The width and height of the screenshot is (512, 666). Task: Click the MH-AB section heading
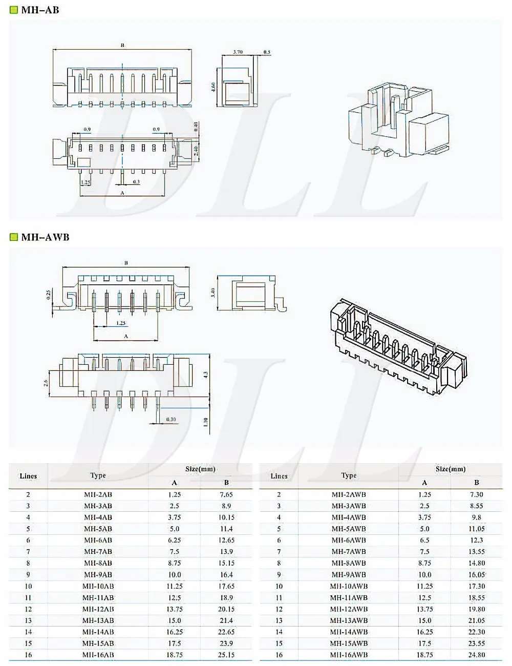click(x=40, y=10)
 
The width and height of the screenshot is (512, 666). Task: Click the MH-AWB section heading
click(x=45, y=237)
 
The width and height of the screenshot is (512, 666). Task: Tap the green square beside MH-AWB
click(x=14, y=237)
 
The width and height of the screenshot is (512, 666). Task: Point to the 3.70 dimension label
click(x=238, y=52)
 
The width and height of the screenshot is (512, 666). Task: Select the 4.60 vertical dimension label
click(x=214, y=88)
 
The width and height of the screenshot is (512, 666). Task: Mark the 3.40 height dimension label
click(x=212, y=293)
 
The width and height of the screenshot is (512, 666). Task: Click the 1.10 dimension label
click(x=205, y=422)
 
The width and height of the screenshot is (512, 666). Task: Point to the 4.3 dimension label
click(x=205, y=375)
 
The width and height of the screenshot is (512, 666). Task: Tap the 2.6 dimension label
click(x=46, y=382)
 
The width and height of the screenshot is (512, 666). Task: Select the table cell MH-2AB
click(x=98, y=494)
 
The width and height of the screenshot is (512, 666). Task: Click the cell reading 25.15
click(x=226, y=655)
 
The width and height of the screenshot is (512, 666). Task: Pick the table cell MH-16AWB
click(x=349, y=655)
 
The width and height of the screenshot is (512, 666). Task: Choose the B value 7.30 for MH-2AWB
click(x=476, y=494)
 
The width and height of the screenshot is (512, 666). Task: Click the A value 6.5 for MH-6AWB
click(x=424, y=540)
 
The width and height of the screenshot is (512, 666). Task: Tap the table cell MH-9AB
click(x=98, y=575)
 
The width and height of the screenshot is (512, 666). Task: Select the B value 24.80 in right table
click(x=476, y=655)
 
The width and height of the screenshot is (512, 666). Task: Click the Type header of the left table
click(x=98, y=475)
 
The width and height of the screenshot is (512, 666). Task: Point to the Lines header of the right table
click(x=279, y=476)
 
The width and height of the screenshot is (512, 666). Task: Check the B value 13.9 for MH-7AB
click(x=226, y=552)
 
